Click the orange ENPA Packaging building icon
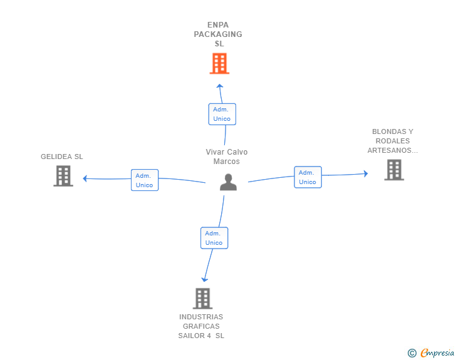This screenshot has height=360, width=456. tap(220, 63)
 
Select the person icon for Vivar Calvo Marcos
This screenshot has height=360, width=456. tap(228, 182)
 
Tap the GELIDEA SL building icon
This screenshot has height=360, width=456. tap(63, 176)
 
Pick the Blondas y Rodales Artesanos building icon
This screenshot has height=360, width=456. tap(394, 170)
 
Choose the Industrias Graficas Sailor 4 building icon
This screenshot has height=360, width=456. tap(203, 299)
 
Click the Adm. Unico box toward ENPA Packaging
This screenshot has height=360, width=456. tap(222, 115)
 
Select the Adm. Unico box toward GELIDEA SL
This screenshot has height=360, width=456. tap(145, 180)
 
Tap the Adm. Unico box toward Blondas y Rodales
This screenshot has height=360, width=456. tap(308, 177)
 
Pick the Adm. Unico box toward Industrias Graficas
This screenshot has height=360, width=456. tap(214, 238)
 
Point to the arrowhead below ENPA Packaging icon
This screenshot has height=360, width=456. tap(220, 86)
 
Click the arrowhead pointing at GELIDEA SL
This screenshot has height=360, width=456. tap(85, 178)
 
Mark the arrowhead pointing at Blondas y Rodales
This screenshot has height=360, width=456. tap(366, 173)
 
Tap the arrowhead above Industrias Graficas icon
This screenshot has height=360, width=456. tap(205, 279)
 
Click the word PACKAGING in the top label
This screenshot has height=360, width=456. tap(218, 34)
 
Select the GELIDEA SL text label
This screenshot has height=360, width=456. tap(61, 157)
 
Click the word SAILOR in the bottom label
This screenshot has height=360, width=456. tap(192, 336)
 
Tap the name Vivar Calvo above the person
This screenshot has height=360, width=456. tap(227, 152)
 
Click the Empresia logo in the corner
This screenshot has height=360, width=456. tap(437, 352)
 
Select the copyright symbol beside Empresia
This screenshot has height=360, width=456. tap(412, 353)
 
